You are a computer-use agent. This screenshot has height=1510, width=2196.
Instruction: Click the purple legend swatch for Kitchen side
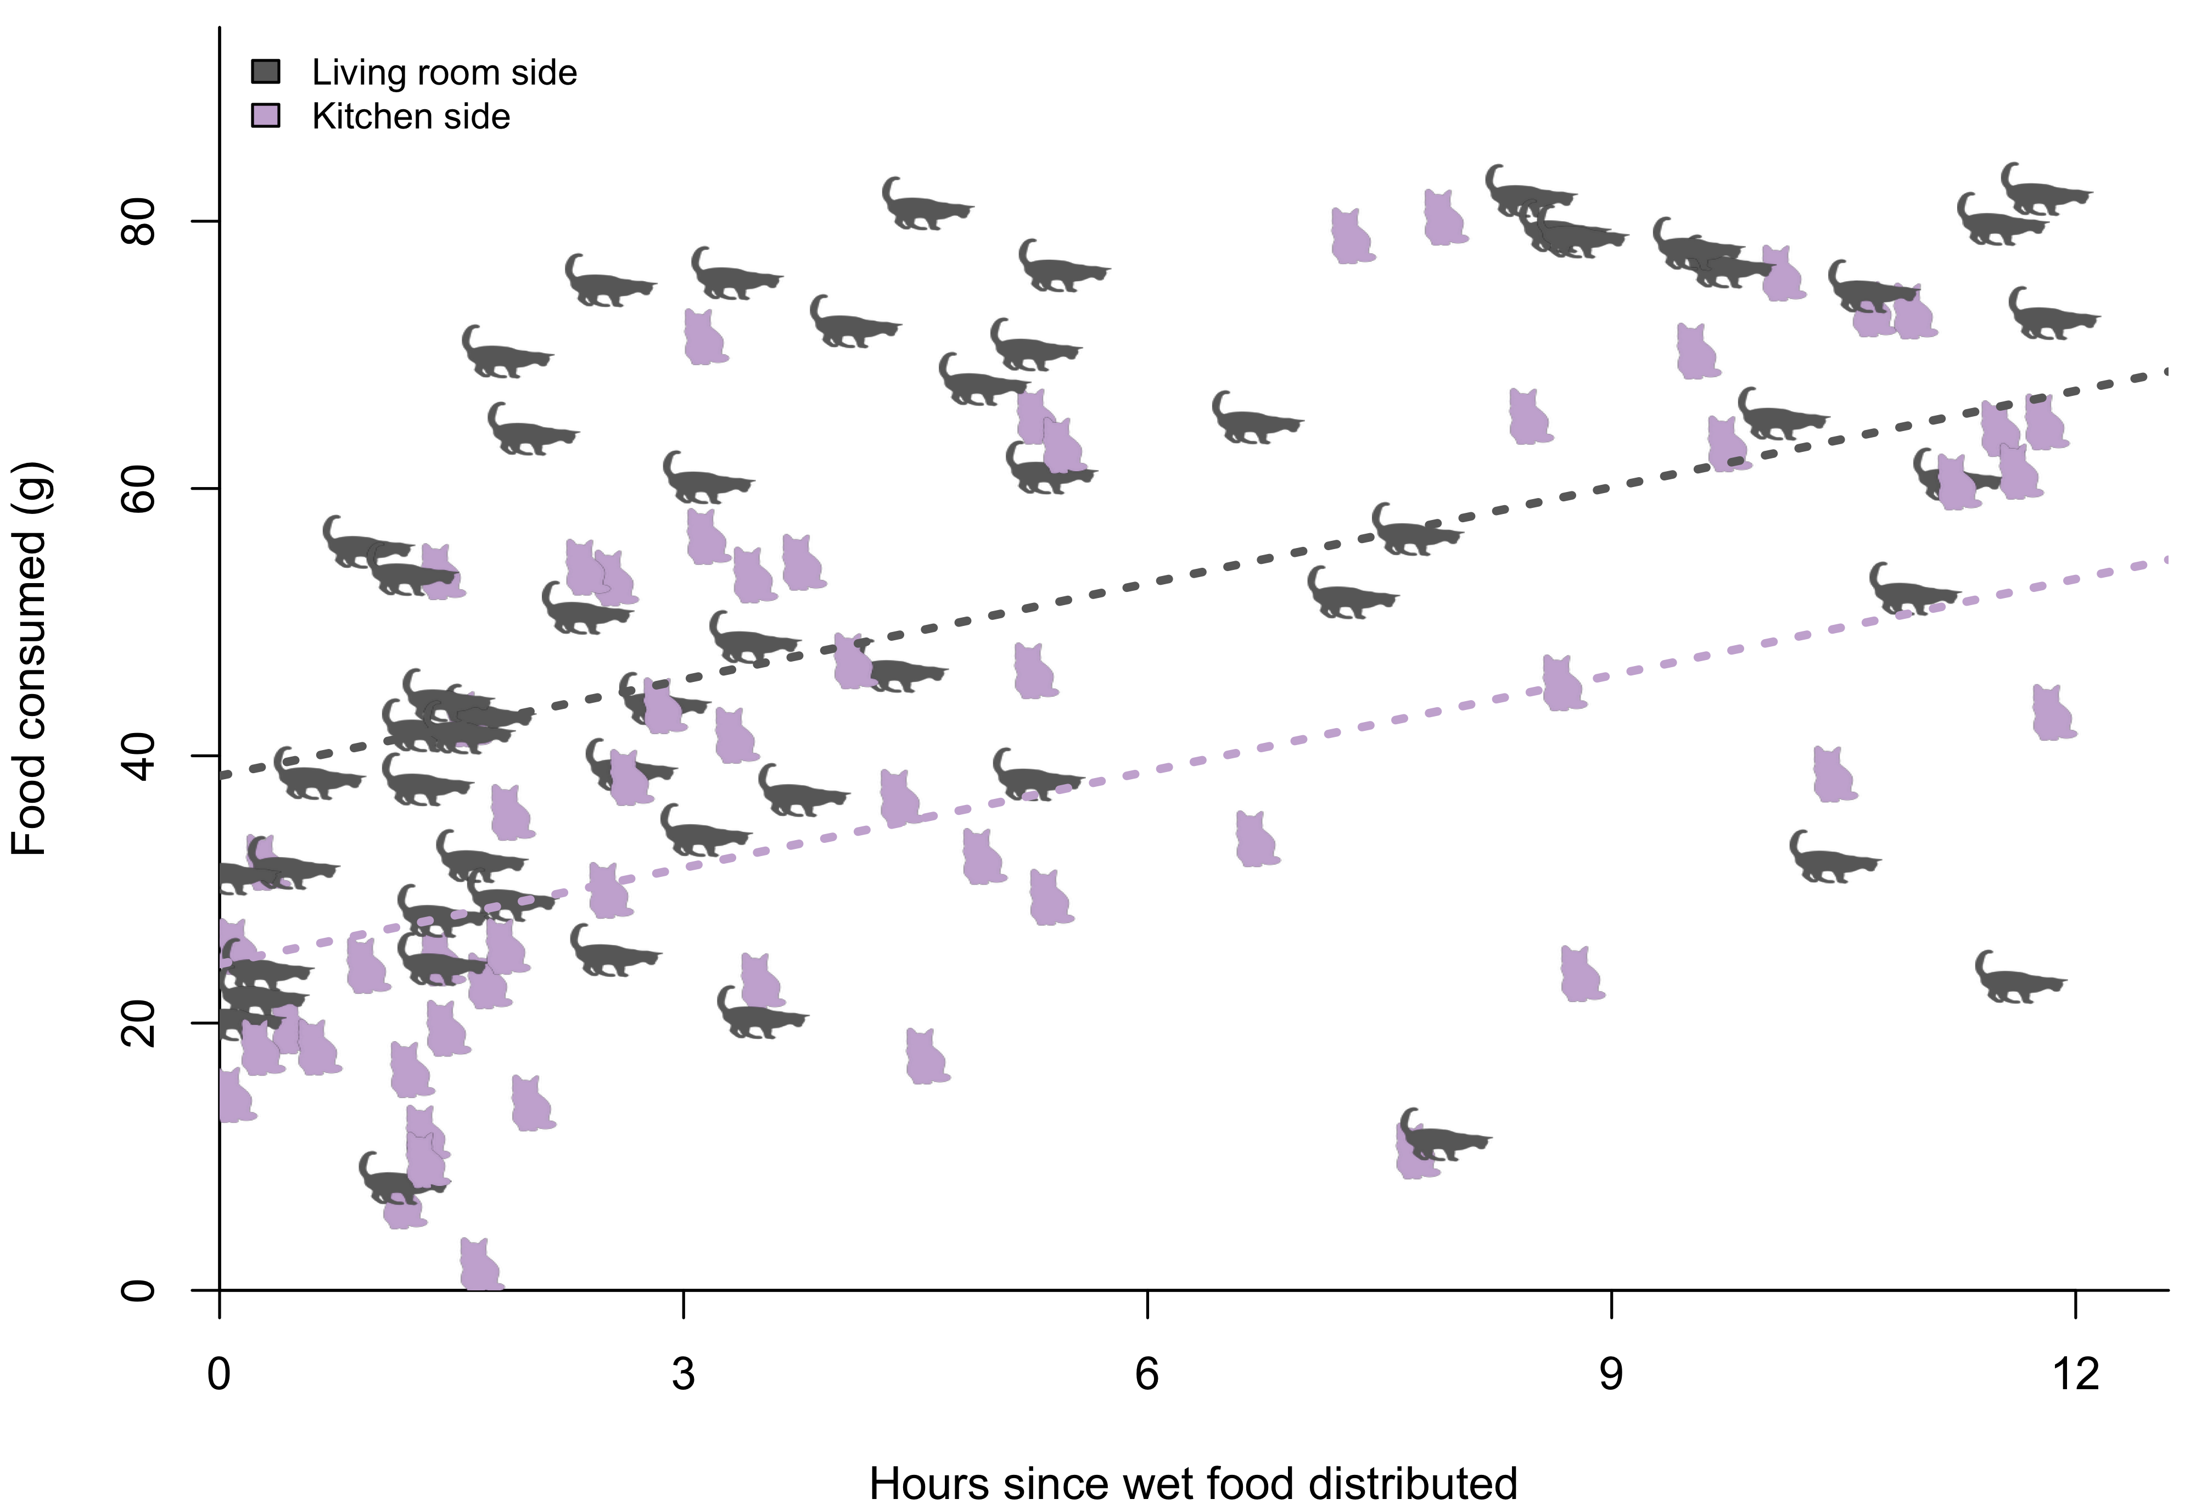coord(266,115)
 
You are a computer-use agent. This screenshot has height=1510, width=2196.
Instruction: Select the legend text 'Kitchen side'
coord(411,116)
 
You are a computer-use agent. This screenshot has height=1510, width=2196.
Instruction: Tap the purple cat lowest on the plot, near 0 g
coord(480,1266)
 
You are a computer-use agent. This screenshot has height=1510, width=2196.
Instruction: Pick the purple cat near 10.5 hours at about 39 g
coord(1834,776)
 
